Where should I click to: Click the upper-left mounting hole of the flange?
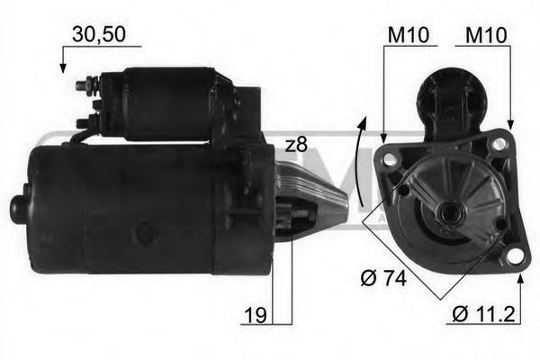tap(389, 159)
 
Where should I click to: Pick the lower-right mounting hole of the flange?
tap(514, 256)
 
